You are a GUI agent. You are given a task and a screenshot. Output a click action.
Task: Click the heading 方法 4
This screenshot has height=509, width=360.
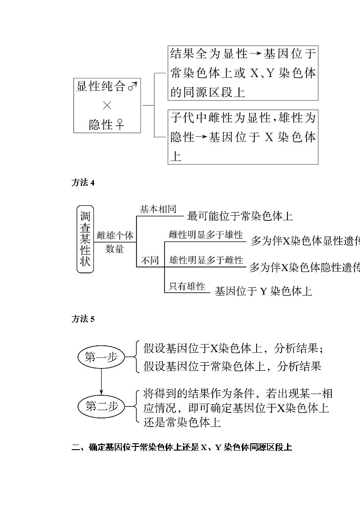[83, 183]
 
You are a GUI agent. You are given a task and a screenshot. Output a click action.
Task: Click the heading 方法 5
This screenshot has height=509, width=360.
[83, 319]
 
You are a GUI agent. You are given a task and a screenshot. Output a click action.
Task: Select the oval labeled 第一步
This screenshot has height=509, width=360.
[101, 357]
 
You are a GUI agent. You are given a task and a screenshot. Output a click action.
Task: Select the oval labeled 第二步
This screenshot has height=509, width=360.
[102, 406]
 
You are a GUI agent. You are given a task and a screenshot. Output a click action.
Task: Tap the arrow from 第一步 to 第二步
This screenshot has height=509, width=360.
[101, 382]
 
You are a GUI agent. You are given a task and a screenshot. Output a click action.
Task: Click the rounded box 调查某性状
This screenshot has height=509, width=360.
[85, 238]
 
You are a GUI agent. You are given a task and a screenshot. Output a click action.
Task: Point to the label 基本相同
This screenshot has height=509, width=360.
[157, 209]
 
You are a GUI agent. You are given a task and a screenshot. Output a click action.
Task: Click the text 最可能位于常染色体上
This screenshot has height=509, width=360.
[240, 216]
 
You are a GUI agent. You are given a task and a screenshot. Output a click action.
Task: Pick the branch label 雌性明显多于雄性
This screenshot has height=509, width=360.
[206, 235]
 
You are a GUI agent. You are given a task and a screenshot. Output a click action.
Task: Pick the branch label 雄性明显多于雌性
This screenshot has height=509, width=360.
[206, 260]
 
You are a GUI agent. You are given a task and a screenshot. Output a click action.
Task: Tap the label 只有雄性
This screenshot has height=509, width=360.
[187, 286]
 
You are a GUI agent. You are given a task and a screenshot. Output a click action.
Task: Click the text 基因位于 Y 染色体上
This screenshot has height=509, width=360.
[263, 291]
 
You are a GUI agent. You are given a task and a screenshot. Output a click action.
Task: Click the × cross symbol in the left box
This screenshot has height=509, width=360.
[107, 106]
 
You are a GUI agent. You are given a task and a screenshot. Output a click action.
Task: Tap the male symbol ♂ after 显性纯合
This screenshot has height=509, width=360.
[132, 87]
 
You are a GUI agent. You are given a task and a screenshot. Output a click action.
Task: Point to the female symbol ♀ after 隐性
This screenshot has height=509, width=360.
[120, 124]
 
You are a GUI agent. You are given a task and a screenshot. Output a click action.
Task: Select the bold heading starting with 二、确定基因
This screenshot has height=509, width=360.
[181, 448]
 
